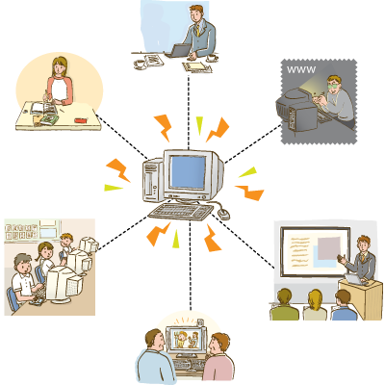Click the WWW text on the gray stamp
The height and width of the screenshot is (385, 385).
(x=301, y=69)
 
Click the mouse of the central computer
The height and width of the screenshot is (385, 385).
(x=224, y=214)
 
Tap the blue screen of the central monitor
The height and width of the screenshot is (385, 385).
(x=188, y=171)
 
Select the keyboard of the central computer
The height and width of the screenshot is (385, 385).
(x=181, y=212)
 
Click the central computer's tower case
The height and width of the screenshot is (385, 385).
(x=153, y=180)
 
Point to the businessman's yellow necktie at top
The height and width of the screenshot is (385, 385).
(x=199, y=30)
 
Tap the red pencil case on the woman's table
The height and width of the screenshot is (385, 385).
(x=81, y=120)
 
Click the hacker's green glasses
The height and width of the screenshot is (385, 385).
(x=334, y=86)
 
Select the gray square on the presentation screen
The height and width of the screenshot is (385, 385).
(x=328, y=248)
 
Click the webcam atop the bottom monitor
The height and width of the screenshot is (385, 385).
(x=200, y=321)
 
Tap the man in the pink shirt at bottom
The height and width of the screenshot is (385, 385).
(x=218, y=358)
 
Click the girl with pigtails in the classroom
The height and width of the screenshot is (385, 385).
(x=45, y=257)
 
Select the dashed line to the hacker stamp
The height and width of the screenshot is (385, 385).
(x=253, y=144)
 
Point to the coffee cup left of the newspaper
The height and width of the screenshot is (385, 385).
(x=140, y=64)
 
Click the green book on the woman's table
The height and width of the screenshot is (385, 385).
(x=50, y=119)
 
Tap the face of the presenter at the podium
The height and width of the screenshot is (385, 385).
(x=363, y=244)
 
